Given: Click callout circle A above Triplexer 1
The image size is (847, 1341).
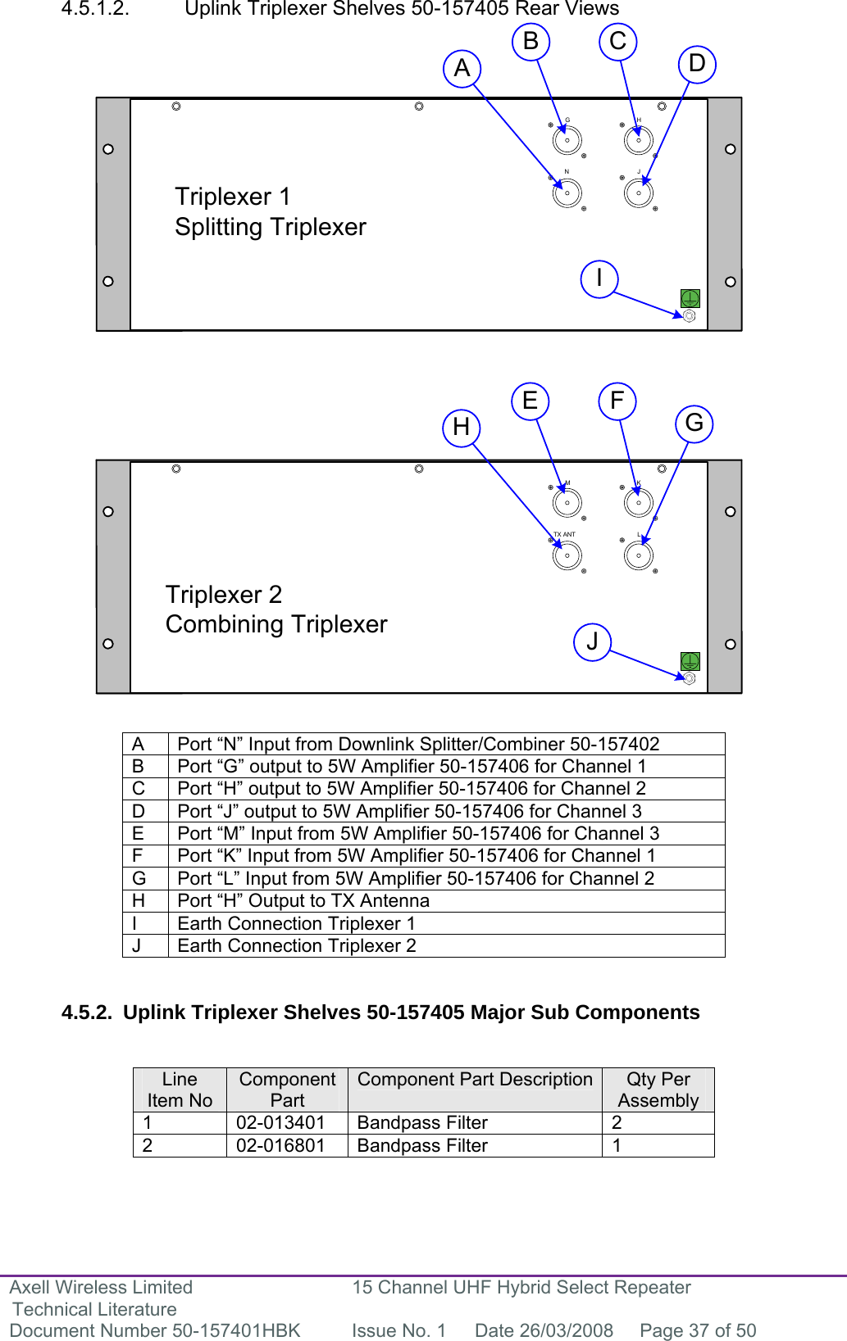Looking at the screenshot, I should click(x=462, y=68).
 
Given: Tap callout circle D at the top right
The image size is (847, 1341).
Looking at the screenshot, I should click(x=697, y=64).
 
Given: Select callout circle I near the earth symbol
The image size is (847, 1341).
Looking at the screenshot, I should click(x=599, y=279).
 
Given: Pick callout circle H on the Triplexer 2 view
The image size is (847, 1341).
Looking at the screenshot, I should click(x=461, y=427).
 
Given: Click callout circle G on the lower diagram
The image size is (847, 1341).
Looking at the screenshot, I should click(x=694, y=424).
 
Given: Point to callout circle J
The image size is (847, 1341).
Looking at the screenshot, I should click(x=592, y=641).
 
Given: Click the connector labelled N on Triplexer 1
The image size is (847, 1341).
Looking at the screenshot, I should click(x=567, y=193).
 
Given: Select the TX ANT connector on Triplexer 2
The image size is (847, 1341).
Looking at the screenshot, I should click(x=567, y=555).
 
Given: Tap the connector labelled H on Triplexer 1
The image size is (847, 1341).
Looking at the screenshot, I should click(x=639, y=140).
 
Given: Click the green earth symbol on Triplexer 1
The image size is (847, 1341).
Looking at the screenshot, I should click(x=690, y=298).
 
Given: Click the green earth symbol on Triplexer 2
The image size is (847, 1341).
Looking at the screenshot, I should click(x=690, y=660).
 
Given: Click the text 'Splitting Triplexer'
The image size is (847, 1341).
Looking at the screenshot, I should click(x=271, y=227).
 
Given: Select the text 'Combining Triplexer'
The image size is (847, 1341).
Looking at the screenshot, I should click(x=276, y=624).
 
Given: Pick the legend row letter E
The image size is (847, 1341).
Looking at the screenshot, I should click(x=138, y=834).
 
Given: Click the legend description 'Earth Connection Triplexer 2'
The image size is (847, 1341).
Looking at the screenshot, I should click(x=297, y=946).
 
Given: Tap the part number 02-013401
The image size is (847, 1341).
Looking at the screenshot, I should click(x=280, y=1123).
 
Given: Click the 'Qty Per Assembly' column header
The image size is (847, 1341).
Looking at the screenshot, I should click(x=658, y=1090).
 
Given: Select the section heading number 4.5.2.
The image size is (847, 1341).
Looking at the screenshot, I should click(x=86, y=1013).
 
